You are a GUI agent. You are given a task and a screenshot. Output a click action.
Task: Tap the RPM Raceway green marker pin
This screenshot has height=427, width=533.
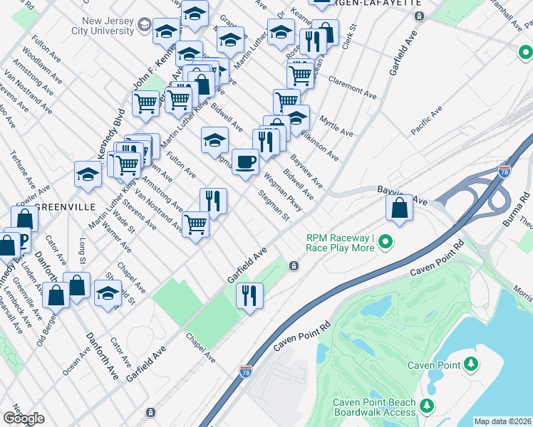click(x=385, y=243)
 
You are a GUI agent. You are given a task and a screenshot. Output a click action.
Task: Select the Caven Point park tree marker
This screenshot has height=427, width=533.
click(x=470, y=365)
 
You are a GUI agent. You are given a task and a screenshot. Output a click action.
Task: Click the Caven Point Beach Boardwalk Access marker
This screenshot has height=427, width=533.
click(x=426, y=406)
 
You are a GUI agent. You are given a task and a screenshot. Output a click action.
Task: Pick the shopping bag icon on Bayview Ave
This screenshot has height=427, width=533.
click(x=400, y=208)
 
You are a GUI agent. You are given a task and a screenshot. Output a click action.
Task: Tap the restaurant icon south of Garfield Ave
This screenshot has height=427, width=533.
click(x=249, y=294)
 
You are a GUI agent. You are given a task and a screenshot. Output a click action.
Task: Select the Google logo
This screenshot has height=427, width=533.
click(x=24, y=418)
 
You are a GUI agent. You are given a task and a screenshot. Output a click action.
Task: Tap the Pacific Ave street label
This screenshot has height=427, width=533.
click(x=427, y=120)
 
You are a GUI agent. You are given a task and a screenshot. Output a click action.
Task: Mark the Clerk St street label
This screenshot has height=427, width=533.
click(x=348, y=42)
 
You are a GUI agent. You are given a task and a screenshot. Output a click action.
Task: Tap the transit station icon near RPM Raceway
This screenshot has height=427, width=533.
click(x=293, y=266)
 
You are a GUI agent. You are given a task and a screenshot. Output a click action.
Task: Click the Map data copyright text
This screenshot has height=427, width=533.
click(x=502, y=421)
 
